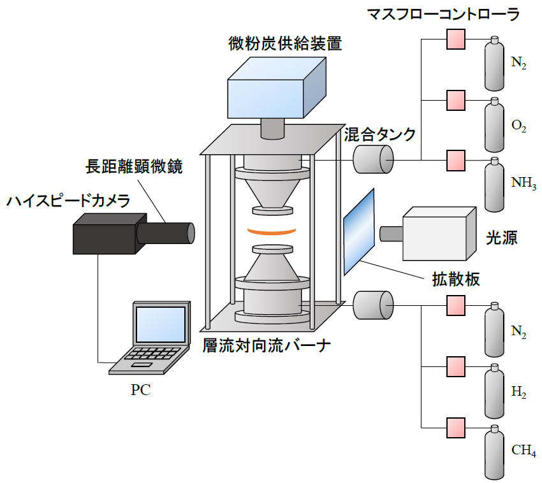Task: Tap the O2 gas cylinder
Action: pos(495,125)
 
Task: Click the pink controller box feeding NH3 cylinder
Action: pos(454,159)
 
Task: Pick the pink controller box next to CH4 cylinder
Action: pos(454,426)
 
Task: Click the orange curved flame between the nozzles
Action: pos(272,231)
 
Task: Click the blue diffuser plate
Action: pos(359,230)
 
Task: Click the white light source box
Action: pos(439,234)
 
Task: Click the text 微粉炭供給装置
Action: pos(285,44)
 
